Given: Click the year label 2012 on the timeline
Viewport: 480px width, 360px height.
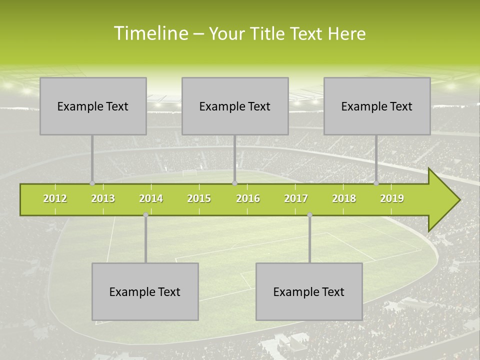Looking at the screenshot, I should (x=55, y=198).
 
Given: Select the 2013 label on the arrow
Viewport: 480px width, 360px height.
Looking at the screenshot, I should (x=103, y=198).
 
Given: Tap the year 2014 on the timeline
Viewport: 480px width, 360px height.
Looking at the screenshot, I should (x=151, y=198).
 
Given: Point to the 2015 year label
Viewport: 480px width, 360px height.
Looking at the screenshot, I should (x=199, y=198).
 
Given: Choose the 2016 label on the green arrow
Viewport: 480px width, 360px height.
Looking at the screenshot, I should (x=248, y=198).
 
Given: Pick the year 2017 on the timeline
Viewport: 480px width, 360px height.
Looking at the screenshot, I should (x=296, y=198).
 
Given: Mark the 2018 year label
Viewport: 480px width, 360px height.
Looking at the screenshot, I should (x=344, y=198).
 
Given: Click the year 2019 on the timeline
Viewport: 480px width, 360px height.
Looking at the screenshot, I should (x=392, y=198).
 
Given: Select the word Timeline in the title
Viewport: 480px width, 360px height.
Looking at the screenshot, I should (x=150, y=33).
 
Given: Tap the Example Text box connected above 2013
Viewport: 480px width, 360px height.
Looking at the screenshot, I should (x=93, y=106).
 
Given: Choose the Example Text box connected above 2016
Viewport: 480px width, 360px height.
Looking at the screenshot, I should (x=235, y=106).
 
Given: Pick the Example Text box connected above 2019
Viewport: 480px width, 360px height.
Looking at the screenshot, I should (x=377, y=106).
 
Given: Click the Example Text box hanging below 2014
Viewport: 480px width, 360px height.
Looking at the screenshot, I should (x=145, y=291).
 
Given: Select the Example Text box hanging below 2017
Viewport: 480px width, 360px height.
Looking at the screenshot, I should (x=309, y=291).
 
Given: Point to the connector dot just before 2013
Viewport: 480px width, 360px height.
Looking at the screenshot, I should (x=92, y=183).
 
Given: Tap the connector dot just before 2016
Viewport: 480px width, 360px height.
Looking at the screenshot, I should (x=234, y=183).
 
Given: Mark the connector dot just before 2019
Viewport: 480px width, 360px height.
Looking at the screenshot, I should (x=376, y=183).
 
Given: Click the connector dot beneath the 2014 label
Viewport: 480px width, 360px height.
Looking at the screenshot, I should (x=145, y=215).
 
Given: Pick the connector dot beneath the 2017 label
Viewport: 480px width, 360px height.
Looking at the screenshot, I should (x=309, y=215).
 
